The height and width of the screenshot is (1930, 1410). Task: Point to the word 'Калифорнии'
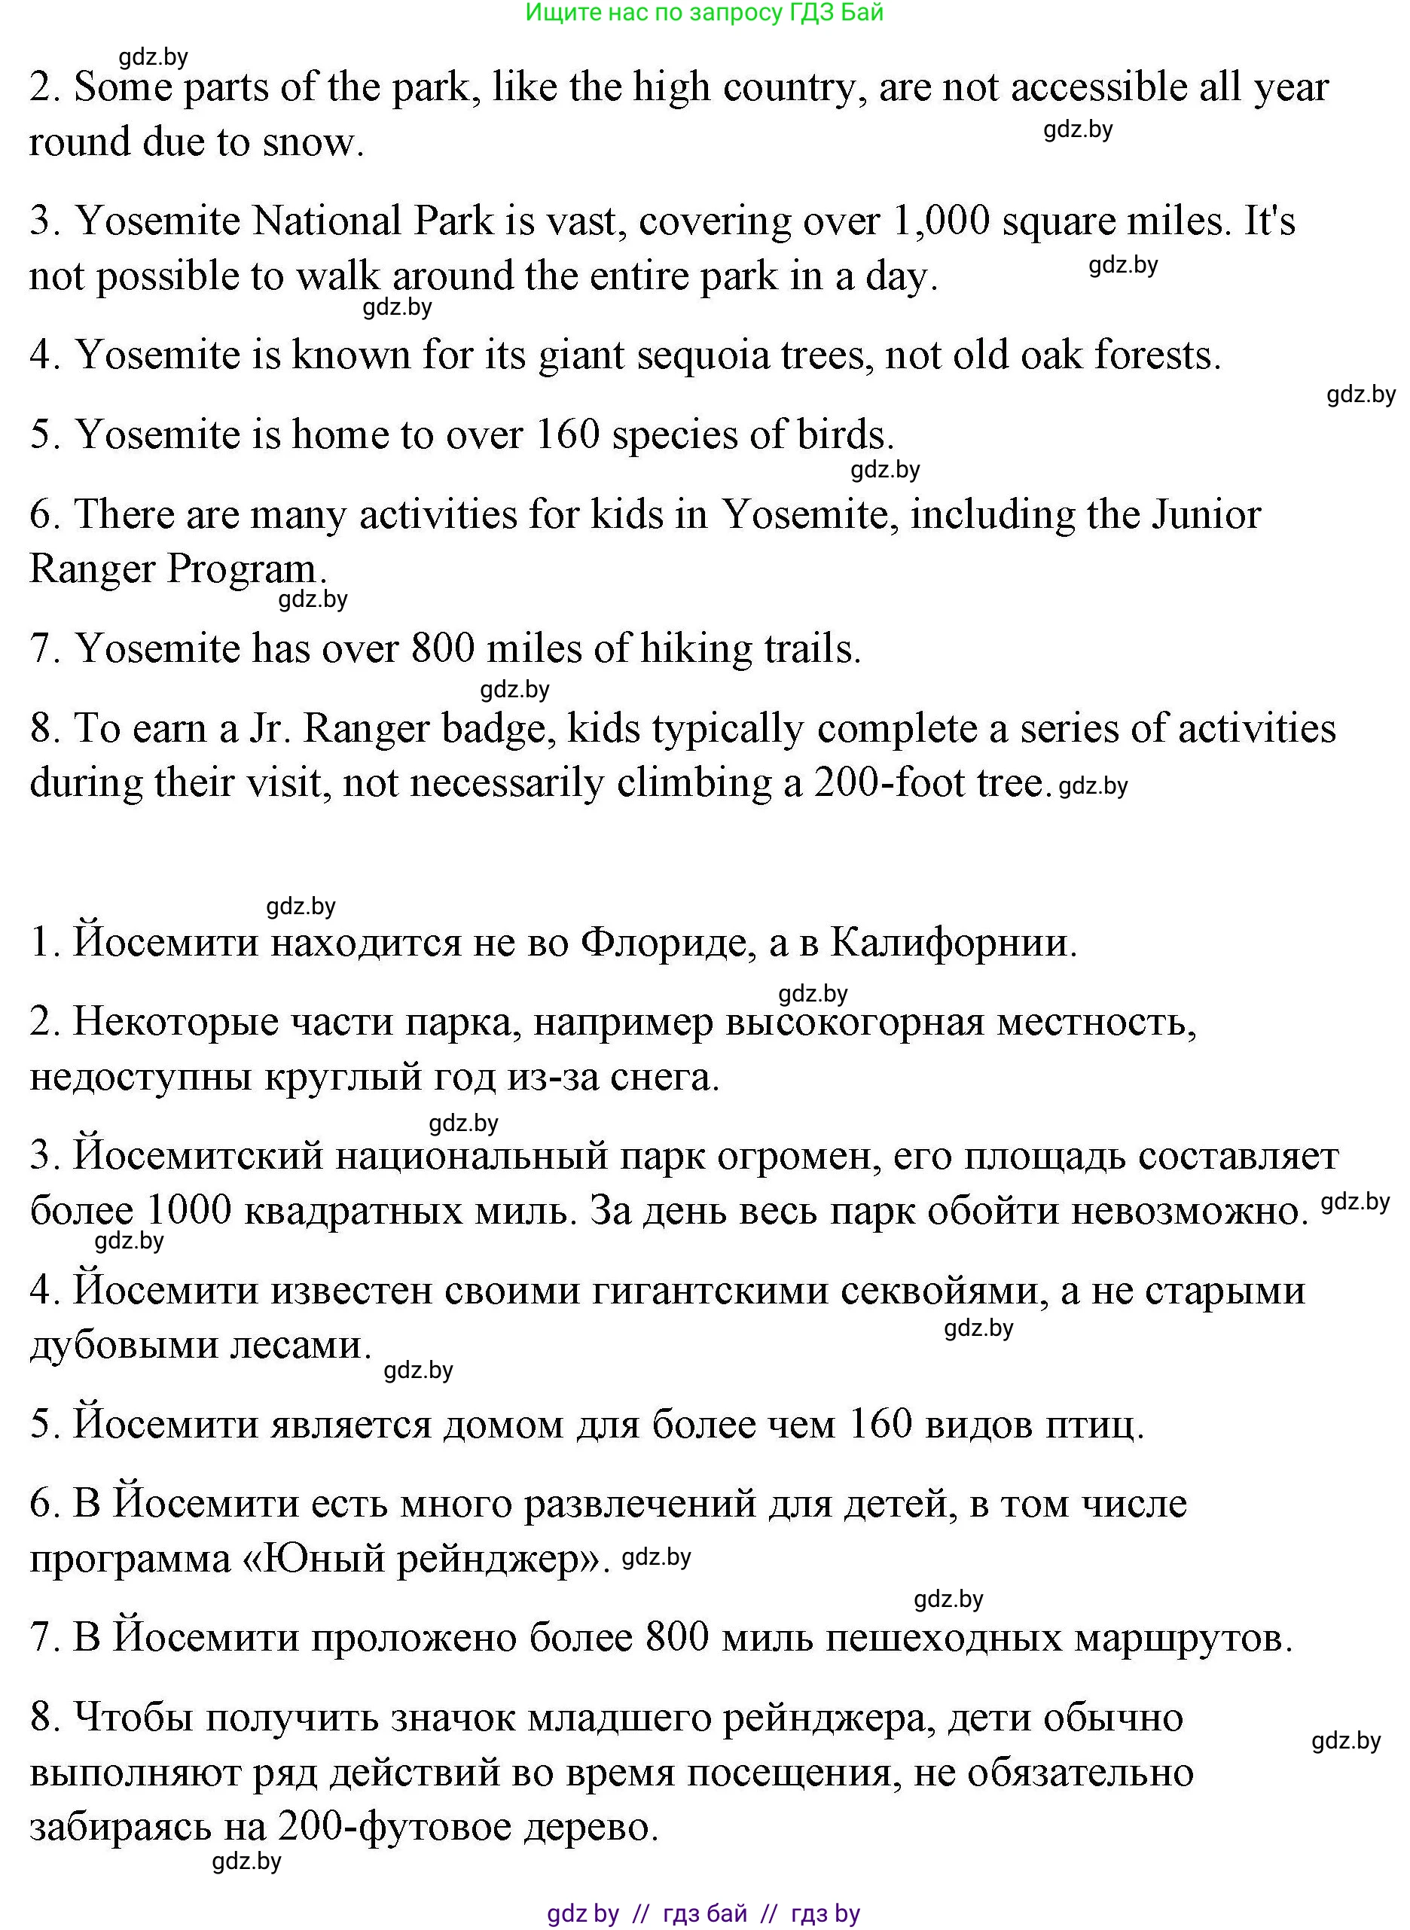pos(951,943)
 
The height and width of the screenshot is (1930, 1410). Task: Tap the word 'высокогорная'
pos(854,1022)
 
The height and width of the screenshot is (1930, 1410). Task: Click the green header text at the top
pos(704,13)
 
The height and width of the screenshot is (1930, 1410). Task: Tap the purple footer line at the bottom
pos(704,1913)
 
